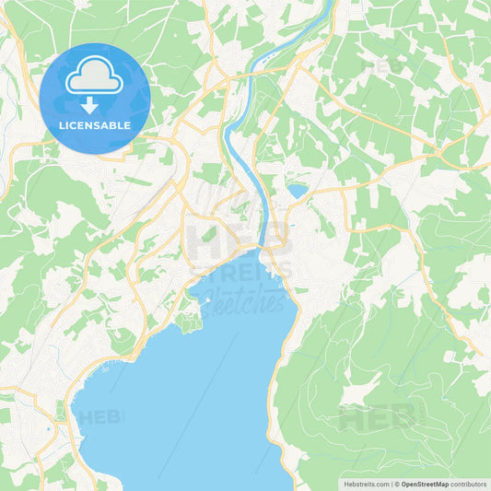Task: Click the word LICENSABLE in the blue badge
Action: click(x=95, y=124)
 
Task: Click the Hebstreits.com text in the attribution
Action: click(x=365, y=484)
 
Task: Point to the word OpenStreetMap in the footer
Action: click(x=430, y=484)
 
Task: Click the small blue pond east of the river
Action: click(x=297, y=191)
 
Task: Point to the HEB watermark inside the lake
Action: click(x=100, y=417)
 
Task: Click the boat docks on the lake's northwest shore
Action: click(x=103, y=369)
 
